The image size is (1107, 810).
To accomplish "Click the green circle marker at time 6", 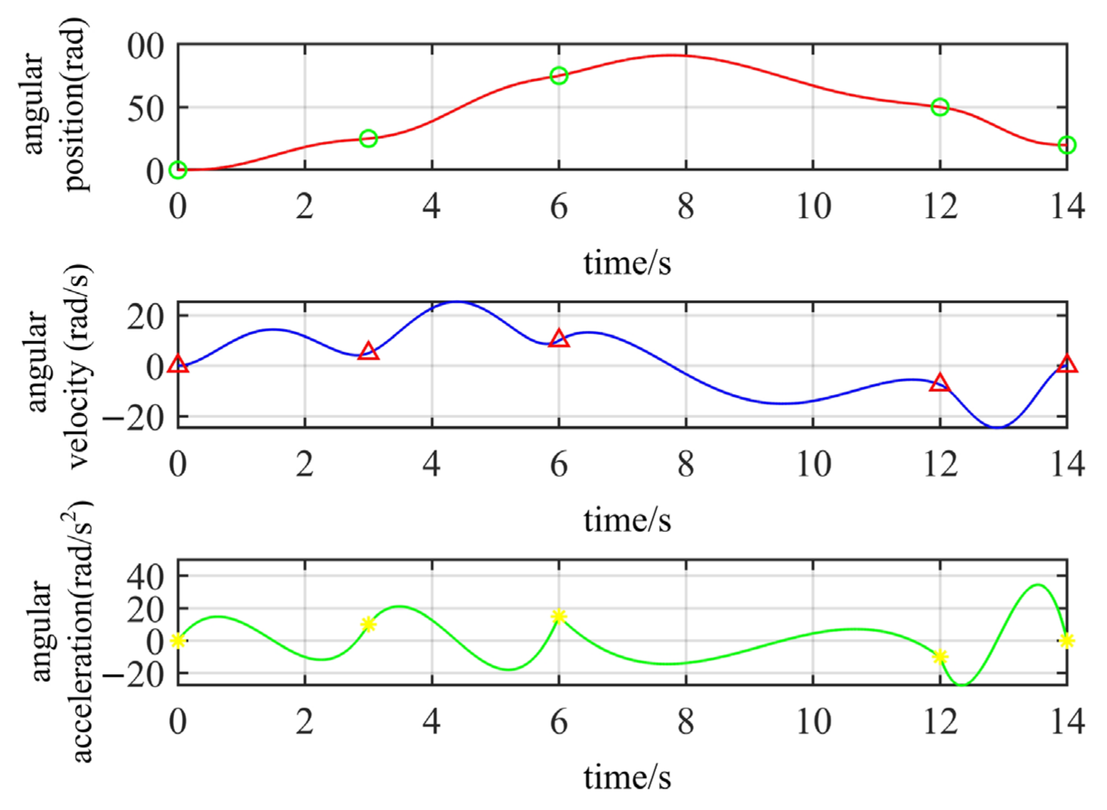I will (x=558, y=75).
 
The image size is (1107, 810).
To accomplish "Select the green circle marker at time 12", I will (x=940, y=107).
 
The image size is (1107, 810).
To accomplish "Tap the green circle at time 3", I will (x=369, y=139).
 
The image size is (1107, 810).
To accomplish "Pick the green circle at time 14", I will (x=1067, y=145).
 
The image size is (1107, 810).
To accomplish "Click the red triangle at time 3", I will (x=369, y=352).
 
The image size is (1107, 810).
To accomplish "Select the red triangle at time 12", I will (x=940, y=383).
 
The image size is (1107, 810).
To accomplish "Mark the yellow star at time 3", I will (x=369, y=624).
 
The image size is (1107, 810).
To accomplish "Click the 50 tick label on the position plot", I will (x=145, y=109).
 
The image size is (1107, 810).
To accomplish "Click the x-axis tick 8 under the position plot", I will (x=686, y=207).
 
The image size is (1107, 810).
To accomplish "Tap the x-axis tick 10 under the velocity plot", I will (x=813, y=464).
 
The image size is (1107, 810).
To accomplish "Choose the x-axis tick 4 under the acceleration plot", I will (x=431, y=722).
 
